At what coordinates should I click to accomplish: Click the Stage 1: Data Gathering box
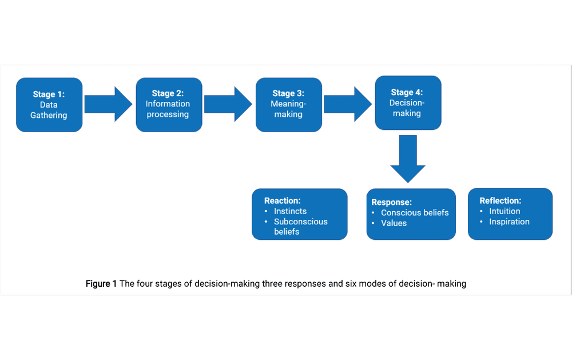point(49,105)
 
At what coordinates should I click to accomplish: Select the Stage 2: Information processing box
point(169,105)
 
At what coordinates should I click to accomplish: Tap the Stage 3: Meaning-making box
point(288,105)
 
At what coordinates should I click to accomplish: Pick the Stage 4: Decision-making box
point(408,102)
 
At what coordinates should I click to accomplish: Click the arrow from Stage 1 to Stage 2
point(108,104)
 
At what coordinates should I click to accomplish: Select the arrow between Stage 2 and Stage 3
point(228,104)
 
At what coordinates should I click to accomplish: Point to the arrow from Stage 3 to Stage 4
point(348,104)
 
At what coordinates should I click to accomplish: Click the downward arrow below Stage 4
point(408,158)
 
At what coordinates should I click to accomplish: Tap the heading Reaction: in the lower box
point(282,201)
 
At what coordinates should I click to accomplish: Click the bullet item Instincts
point(290,211)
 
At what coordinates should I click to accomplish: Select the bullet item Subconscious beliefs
point(300,227)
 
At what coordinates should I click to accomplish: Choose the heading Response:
point(391,202)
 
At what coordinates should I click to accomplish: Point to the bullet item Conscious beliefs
point(415,213)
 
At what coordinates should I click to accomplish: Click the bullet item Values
point(394,223)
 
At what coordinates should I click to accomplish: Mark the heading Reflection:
point(500,201)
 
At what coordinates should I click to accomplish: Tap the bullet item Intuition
point(505,211)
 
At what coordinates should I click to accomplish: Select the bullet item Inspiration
point(509,221)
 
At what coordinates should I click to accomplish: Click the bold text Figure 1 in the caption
point(101,284)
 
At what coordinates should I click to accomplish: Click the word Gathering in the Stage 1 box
point(49,116)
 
